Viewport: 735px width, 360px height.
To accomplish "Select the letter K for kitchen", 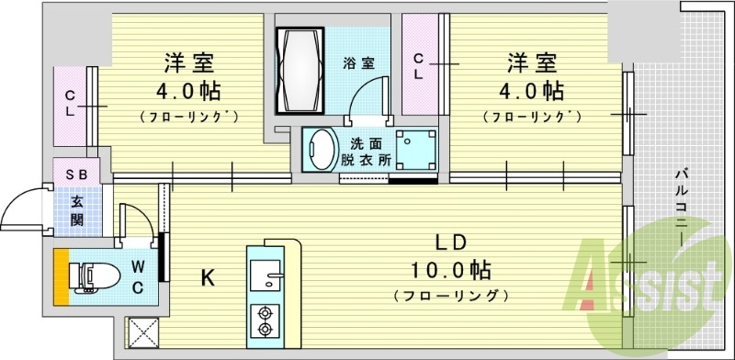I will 208,276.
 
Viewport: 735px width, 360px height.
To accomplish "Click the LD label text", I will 451,243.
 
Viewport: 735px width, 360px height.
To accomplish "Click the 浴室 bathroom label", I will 360,63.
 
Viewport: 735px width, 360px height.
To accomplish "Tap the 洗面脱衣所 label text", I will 370,150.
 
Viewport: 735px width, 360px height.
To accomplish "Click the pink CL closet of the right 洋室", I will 419,64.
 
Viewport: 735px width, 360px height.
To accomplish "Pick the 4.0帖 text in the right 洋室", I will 532,92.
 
